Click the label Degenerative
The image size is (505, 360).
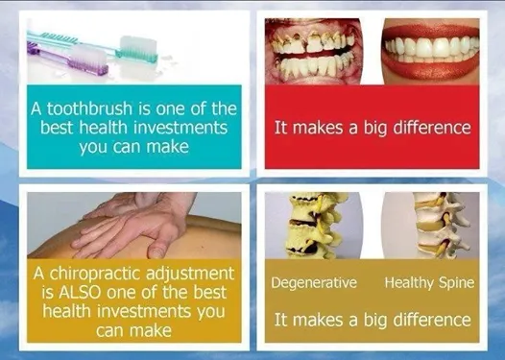tap(314, 283)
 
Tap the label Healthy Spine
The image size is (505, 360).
tap(427, 283)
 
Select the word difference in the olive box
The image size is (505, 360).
tap(427, 319)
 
